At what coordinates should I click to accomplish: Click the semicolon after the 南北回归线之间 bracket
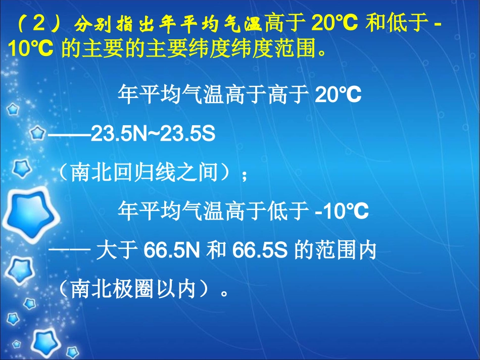[245, 174]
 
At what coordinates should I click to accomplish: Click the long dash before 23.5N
[69, 134]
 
